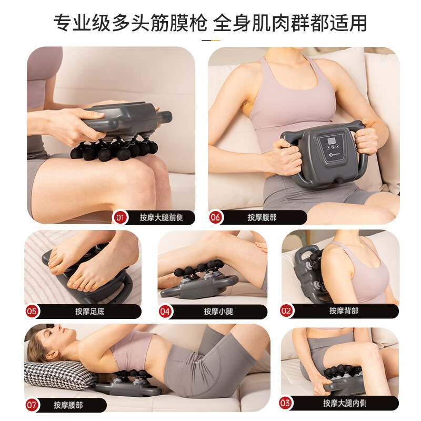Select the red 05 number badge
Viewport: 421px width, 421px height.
tap(32, 311)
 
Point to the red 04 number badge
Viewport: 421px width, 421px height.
tap(165, 311)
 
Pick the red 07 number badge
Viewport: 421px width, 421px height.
tap(32, 405)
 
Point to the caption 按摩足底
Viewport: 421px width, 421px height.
tap(89, 311)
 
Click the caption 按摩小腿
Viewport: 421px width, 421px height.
tap(218, 311)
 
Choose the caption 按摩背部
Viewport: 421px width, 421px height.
tap(344, 310)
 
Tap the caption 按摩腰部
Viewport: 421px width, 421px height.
tap(68, 405)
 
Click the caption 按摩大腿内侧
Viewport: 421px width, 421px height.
tap(344, 403)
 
